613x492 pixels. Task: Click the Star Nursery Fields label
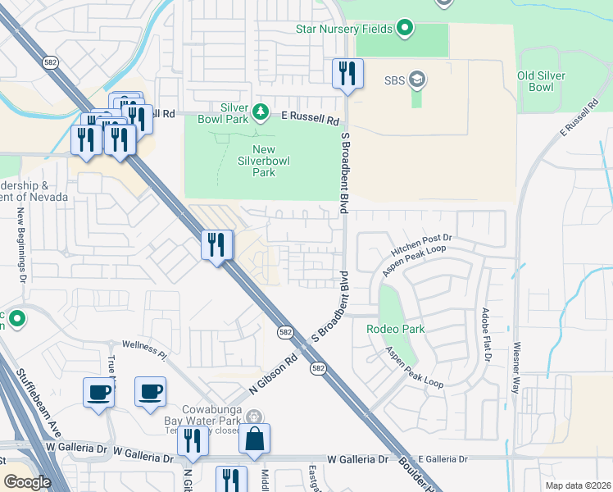click(344, 30)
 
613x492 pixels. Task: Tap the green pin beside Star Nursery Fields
click(404, 30)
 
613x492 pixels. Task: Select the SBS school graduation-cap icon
click(417, 80)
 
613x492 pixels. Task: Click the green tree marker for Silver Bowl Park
click(261, 112)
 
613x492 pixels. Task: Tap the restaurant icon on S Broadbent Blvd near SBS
click(347, 74)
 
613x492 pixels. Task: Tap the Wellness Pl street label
click(144, 350)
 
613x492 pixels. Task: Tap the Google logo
click(29, 481)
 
